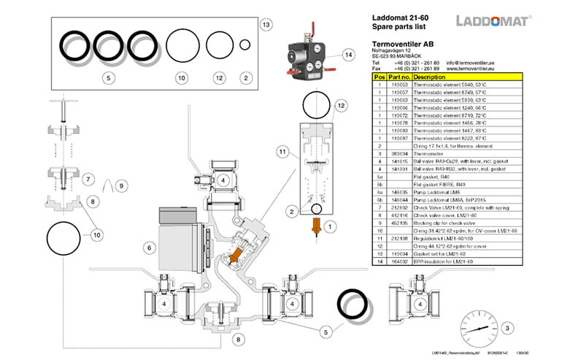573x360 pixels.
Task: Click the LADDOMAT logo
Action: tap(493, 20)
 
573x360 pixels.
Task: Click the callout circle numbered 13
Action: tap(266, 25)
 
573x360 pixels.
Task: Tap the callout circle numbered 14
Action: tap(348, 55)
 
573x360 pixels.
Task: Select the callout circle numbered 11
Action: tap(281, 151)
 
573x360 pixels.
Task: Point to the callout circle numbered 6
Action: tap(149, 248)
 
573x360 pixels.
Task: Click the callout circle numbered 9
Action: tap(121, 185)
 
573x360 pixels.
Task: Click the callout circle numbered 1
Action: tap(329, 227)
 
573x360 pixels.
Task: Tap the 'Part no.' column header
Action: tap(399, 77)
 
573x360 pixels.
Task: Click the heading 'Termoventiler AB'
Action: tap(404, 44)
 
